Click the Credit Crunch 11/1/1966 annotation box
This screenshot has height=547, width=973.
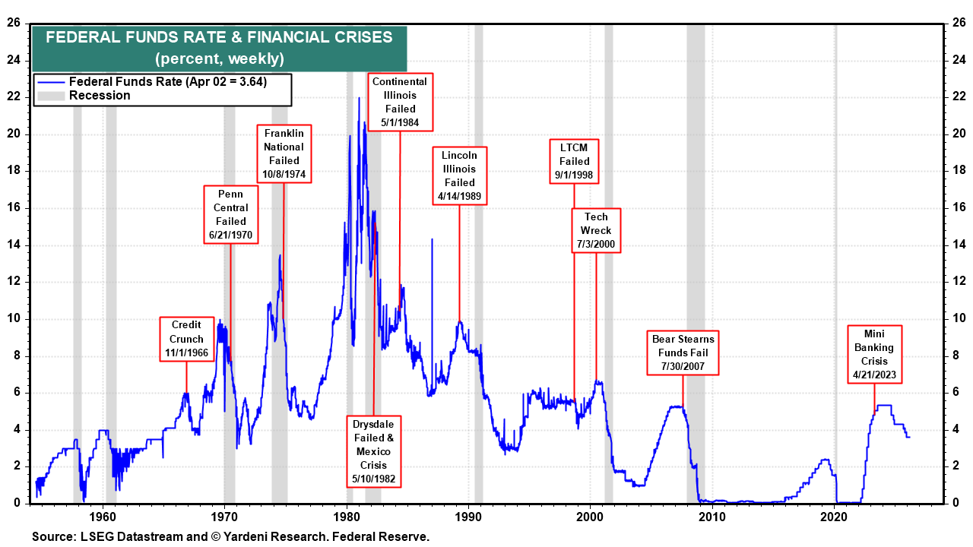[186, 339]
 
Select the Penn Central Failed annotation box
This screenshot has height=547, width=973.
[231, 214]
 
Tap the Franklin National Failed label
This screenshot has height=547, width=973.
[284, 153]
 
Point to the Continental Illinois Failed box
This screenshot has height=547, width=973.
[400, 102]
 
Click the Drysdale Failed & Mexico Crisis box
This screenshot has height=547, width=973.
[375, 451]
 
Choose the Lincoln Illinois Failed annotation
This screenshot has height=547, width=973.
[459, 175]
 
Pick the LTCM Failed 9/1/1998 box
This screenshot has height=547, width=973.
[574, 161]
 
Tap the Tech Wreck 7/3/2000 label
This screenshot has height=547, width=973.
[596, 230]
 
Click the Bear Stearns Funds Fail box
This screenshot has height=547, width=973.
[683, 353]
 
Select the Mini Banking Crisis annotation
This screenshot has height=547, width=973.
[874, 354]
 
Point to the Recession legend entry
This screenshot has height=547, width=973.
[99, 96]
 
